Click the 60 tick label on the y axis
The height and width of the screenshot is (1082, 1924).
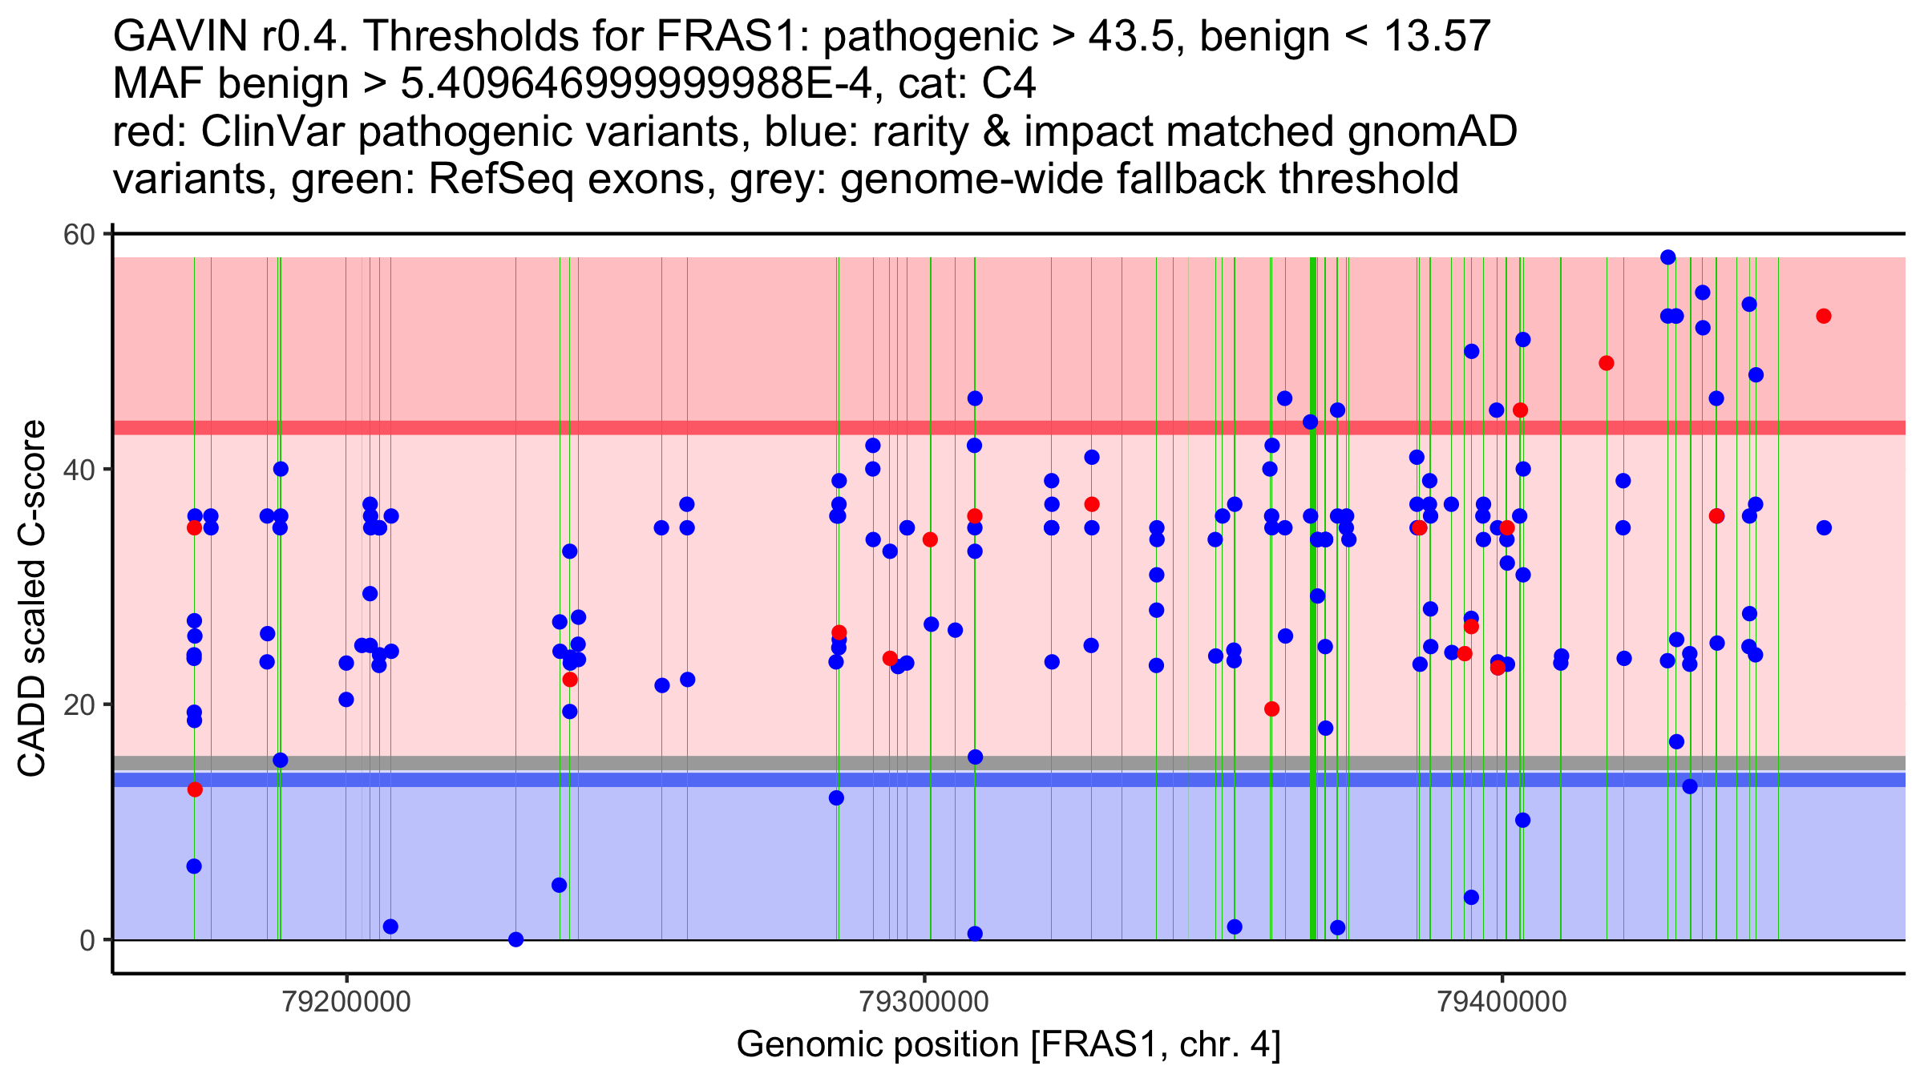coord(79,235)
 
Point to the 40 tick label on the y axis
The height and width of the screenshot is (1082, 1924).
coord(79,470)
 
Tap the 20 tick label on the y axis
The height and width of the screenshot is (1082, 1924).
coord(79,705)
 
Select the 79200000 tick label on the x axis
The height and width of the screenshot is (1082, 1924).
coord(346,1002)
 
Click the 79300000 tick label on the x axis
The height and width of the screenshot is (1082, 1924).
coord(924,1002)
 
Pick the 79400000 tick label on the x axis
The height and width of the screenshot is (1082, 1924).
coord(1502,1002)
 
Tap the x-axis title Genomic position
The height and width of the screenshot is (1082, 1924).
coord(1008,1045)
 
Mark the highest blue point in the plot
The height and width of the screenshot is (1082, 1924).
coord(1667,257)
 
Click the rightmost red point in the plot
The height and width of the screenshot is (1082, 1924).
coord(1823,316)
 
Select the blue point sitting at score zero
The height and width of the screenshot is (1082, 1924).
coord(516,939)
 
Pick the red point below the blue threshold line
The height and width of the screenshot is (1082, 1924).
coord(195,789)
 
